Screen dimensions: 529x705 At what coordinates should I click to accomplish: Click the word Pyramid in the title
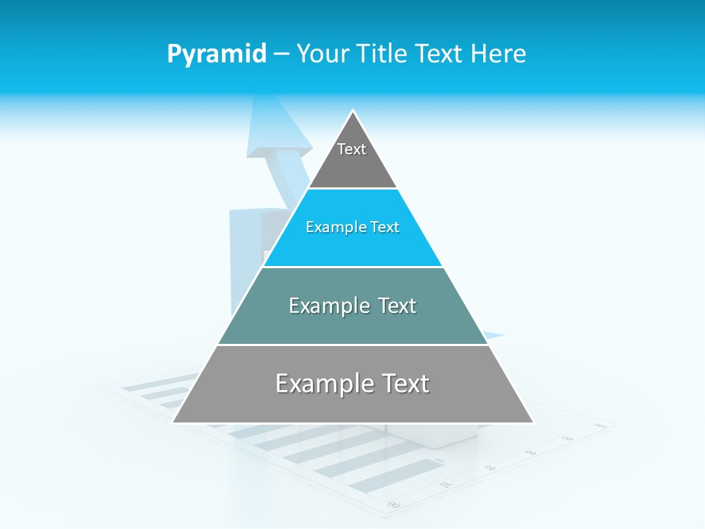(x=216, y=54)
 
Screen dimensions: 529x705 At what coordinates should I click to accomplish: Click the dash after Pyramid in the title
(x=281, y=54)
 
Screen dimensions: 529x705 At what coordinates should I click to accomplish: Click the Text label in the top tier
(x=352, y=149)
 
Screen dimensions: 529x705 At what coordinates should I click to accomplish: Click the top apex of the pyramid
(x=353, y=111)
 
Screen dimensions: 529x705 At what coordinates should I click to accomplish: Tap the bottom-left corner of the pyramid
(x=173, y=422)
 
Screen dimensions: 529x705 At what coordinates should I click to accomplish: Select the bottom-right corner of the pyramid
(x=533, y=422)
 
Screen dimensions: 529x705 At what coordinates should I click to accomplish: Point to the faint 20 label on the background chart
(x=446, y=485)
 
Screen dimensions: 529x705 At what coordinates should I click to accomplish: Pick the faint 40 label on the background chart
(x=490, y=467)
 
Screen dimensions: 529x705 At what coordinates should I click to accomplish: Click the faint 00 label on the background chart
(x=394, y=505)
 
